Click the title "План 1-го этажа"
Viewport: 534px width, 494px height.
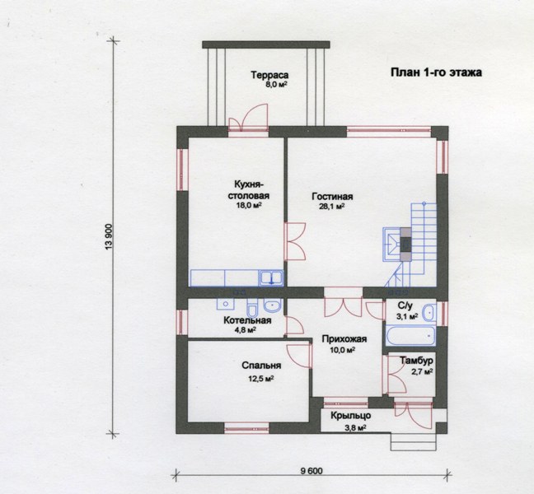436,72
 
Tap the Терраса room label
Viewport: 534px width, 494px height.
269,75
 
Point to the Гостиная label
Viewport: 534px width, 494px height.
332,197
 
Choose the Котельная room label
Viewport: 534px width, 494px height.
247,320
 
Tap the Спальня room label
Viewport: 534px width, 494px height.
261,366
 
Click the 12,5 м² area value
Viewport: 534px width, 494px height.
261,379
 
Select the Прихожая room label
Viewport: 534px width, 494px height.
344,339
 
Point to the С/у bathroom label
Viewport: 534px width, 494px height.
405,305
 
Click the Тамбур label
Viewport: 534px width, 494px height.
416,361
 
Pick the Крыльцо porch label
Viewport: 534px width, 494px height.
351,416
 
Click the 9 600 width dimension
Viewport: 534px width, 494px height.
311,471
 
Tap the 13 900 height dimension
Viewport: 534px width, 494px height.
109,237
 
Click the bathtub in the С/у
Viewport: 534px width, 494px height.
410,336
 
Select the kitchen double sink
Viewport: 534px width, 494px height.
271,277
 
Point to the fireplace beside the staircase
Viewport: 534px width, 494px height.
397,244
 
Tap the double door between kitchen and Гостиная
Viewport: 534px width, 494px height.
295,241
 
